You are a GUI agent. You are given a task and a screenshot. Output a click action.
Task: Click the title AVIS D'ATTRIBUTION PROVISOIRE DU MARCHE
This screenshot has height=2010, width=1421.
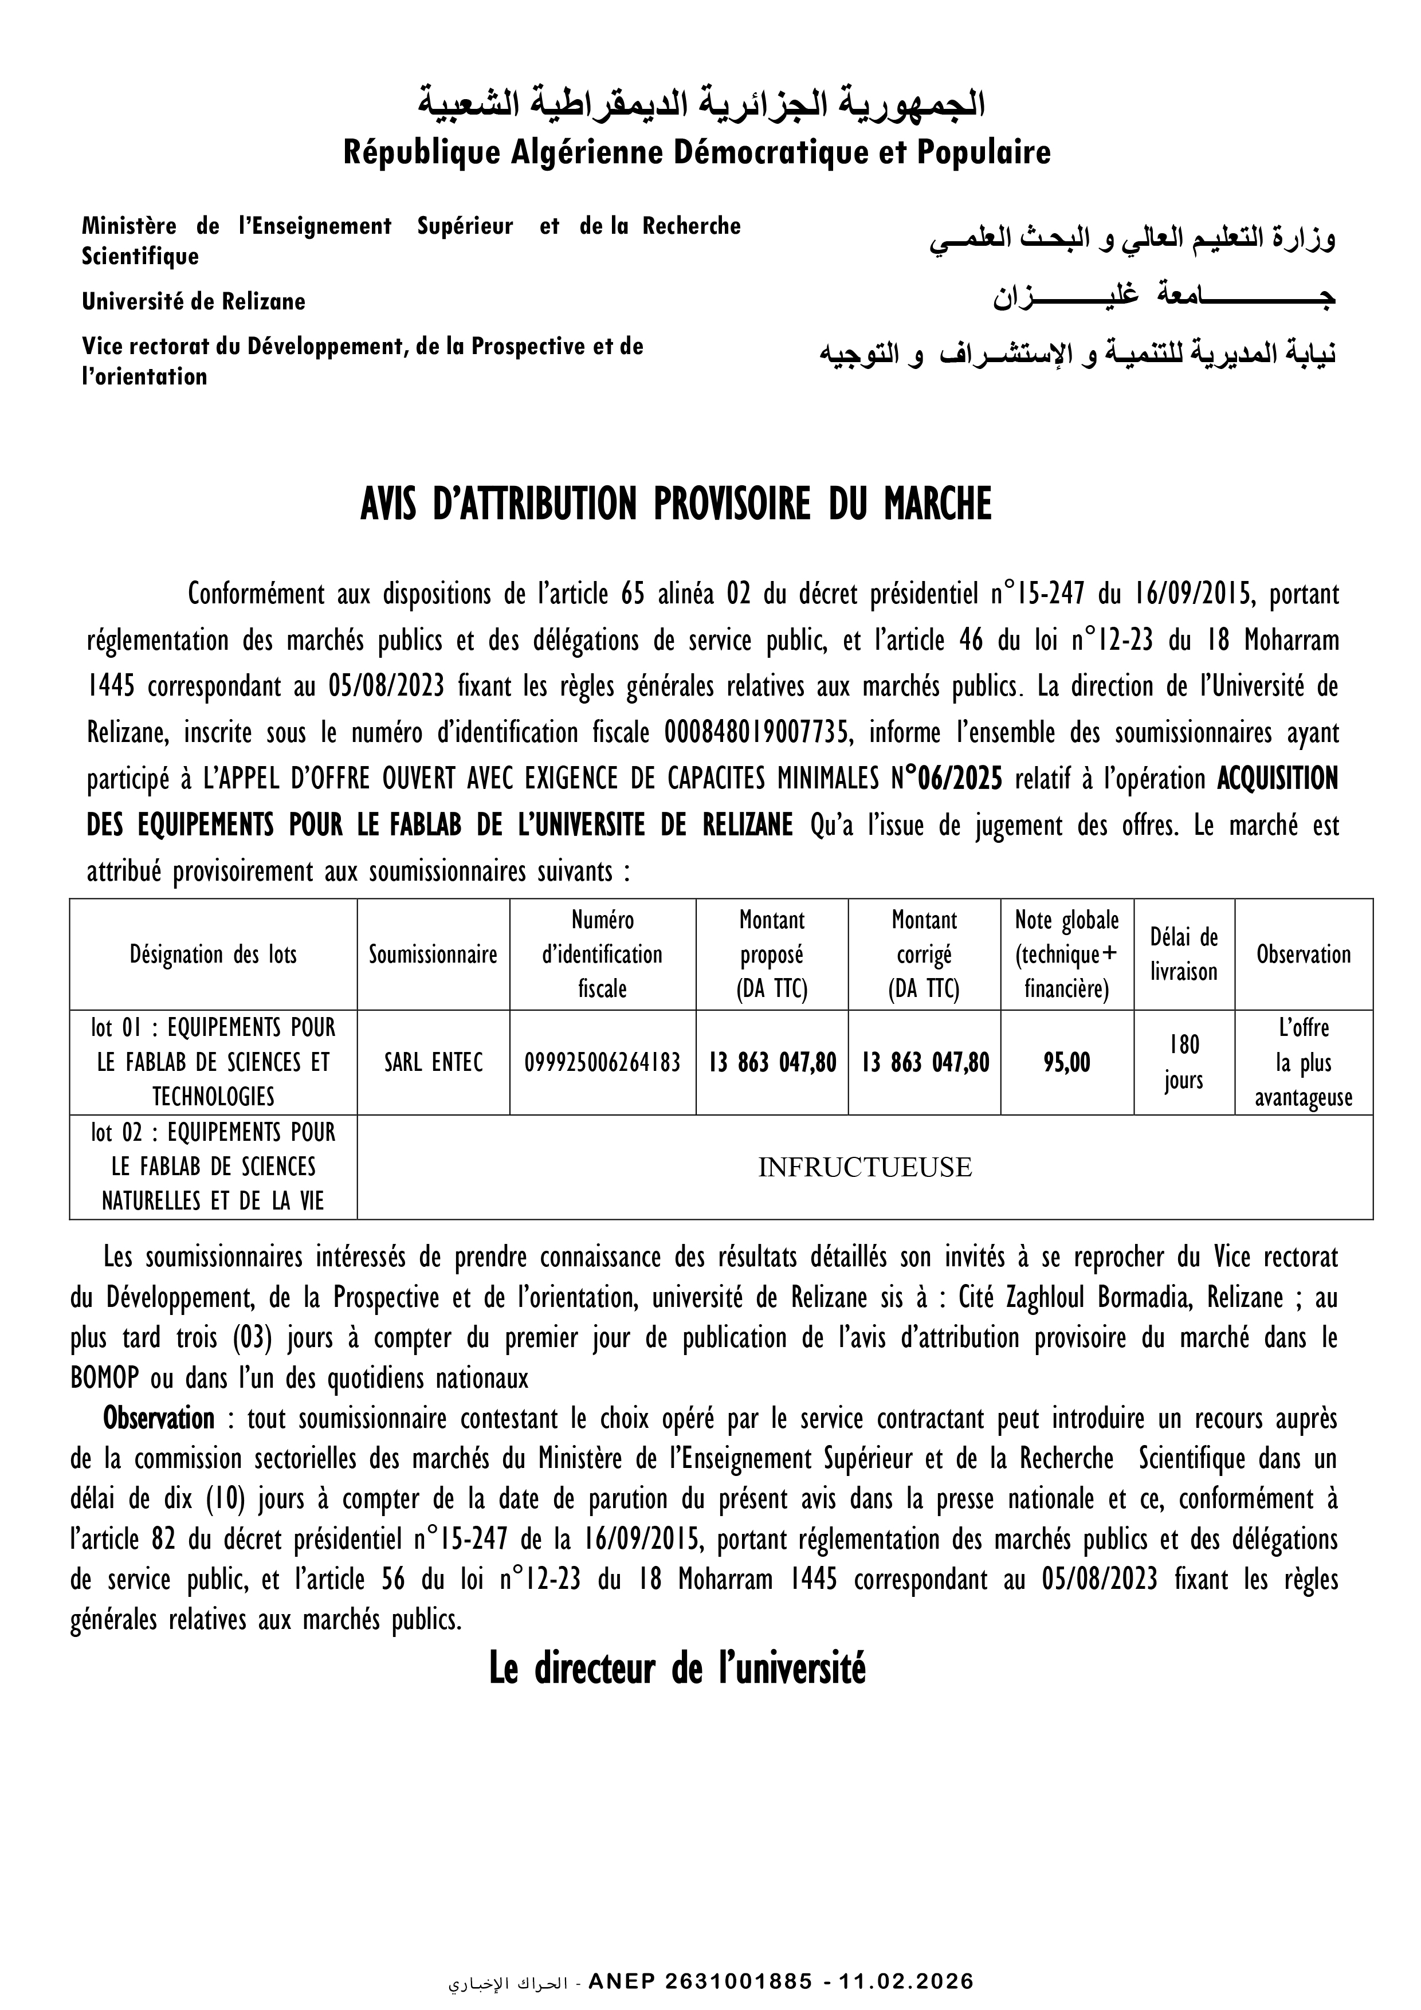click(676, 505)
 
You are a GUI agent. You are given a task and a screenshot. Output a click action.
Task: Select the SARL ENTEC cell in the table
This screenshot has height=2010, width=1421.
click(433, 1062)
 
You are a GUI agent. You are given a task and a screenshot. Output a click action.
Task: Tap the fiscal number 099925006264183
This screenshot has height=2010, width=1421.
click(602, 1062)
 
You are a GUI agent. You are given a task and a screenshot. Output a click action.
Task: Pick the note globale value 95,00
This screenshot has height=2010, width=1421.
click(1066, 1062)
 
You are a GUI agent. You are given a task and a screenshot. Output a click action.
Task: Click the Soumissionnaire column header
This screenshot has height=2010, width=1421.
click(433, 953)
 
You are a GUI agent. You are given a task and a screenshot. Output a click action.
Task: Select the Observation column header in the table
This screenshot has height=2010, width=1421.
click(1303, 953)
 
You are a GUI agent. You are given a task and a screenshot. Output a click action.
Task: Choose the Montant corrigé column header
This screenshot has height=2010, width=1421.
click(924, 953)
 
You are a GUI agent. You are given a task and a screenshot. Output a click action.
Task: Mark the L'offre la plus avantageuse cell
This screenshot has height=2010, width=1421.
click(1303, 1062)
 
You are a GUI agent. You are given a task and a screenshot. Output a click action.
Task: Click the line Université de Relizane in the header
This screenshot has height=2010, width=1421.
click(194, 302)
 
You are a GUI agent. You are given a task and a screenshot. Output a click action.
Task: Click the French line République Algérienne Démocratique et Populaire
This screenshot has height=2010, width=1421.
click(696, 153)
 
